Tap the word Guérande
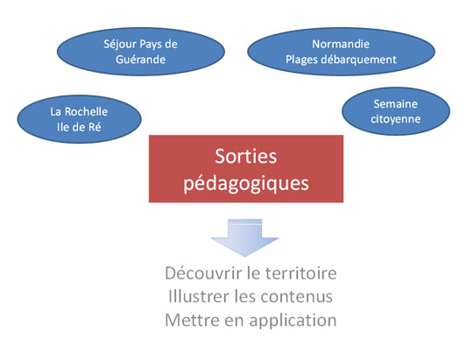[x=140, y=60]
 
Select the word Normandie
[x=341, y=44]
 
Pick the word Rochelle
[x=86, y=111]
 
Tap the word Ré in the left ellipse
[x=95, y=127]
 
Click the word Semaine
[x=395, y=104]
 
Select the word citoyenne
[x=395, y=119]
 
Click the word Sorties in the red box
[x=246, y=156]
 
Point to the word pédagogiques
[x=246, y=183]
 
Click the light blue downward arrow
[x=244, y=237]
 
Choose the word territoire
[x=300, y=273]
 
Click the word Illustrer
[x=199, y=296]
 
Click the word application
[x=293, y=321]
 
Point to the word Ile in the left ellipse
[x=63, y=127]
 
